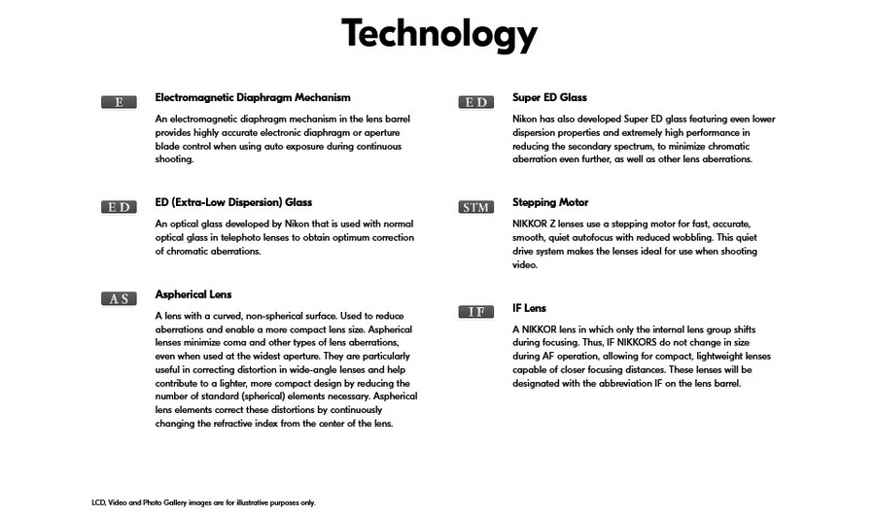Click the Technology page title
[x=438, y=35]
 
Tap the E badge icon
[x=119, y=102]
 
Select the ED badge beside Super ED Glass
[x=475, y=102]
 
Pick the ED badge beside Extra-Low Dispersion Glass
[x=119, y=207]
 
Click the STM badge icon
[x=475, y=207]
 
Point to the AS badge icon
[x=119, y=299]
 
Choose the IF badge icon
[x=475, y=312]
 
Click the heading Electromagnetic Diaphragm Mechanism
[x=253, y=97]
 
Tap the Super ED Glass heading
[x=549, y=97]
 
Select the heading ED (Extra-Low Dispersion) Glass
[x=233, y=202]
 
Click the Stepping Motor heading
[x=550, y=202]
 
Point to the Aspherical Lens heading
[x=193, y=294]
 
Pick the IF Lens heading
[x=530, y=308]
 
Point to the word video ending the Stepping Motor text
[x=525, y=264]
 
